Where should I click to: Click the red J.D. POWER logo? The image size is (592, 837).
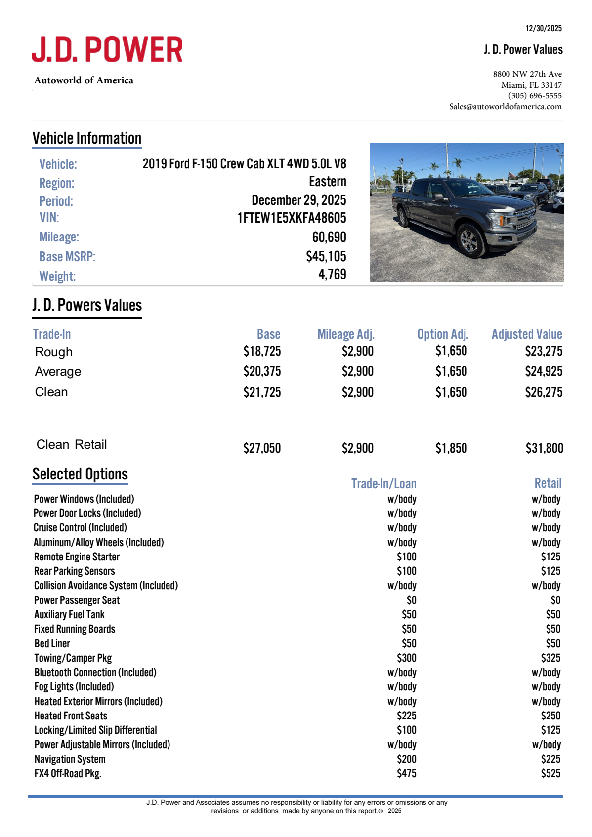107,49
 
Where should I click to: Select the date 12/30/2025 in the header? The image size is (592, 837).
544,28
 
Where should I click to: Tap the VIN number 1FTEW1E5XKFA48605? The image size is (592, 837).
292,218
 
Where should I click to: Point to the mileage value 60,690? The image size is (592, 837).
329,238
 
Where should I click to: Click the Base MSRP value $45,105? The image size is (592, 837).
326,256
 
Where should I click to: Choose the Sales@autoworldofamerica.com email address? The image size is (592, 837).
505,107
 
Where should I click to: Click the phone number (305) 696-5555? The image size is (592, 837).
535,96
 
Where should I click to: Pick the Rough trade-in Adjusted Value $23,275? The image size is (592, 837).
544,351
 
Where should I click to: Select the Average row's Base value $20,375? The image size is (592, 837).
262,371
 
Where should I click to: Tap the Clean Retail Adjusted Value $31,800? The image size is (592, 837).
544,448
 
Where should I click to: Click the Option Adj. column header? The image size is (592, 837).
442,334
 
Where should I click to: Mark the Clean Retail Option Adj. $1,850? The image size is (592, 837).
451,448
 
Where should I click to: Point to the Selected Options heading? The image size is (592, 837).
80,474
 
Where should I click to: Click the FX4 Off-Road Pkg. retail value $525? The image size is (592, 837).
550,773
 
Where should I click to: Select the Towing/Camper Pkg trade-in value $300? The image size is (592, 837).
406,658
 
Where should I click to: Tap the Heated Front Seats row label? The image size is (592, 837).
71,716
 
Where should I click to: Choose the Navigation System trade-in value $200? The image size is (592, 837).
406,759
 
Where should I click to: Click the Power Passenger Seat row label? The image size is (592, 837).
77,600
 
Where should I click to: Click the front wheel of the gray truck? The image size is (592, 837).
469,241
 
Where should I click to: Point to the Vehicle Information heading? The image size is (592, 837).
87,138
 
